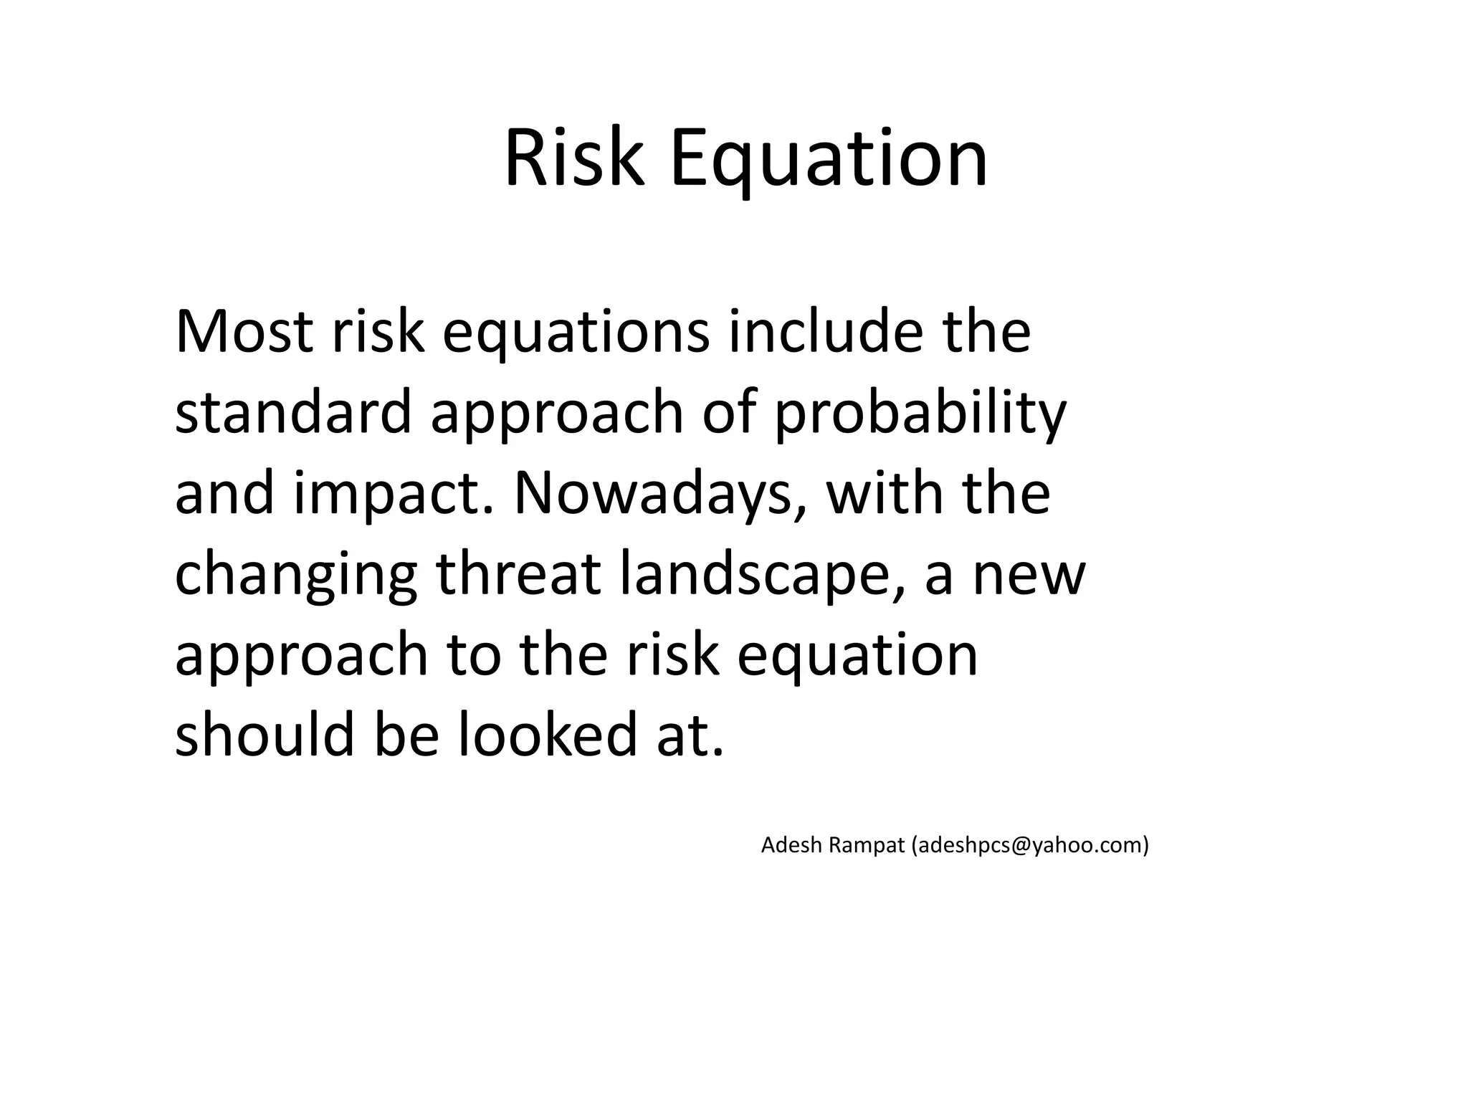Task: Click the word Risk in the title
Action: (573, 159)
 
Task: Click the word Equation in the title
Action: (829, 159)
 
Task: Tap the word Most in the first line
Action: (244, 332)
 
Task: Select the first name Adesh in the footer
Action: (791, 846)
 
